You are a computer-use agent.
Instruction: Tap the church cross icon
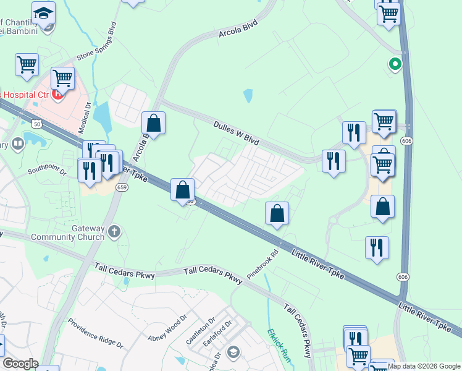click(x=113, y=232)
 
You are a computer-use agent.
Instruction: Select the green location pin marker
click(x=394, y=64)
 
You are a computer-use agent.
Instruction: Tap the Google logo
click(x=21, y=364)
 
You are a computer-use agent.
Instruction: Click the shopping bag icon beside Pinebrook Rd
click(x=277, y=213)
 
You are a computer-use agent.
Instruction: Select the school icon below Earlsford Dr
click(x=233, y=352)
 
